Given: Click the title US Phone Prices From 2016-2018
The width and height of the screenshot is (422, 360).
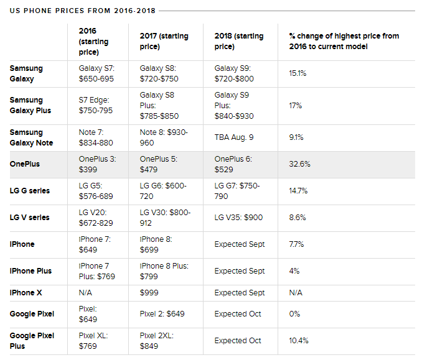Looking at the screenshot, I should coord(83,11).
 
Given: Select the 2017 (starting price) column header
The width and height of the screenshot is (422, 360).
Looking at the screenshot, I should coord(164,41).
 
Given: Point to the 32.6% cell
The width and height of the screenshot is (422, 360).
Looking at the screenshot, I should coord(299,164).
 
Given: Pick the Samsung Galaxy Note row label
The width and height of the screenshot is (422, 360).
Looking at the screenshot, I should coord(31,137).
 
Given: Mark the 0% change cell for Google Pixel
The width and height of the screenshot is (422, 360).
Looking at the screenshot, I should coord(294,314).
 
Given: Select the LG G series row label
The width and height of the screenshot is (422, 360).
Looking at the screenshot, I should coord(30,191).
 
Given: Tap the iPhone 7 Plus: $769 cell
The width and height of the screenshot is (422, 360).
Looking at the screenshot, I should coord(96,271).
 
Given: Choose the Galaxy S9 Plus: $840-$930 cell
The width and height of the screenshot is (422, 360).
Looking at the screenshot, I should coord(233,105).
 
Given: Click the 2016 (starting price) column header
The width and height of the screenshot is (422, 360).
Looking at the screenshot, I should coord(94,41).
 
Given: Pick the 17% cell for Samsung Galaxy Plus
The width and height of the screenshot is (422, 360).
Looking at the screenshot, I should coord(295,106).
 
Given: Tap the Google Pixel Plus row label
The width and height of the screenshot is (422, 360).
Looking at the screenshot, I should coord(32,341).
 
